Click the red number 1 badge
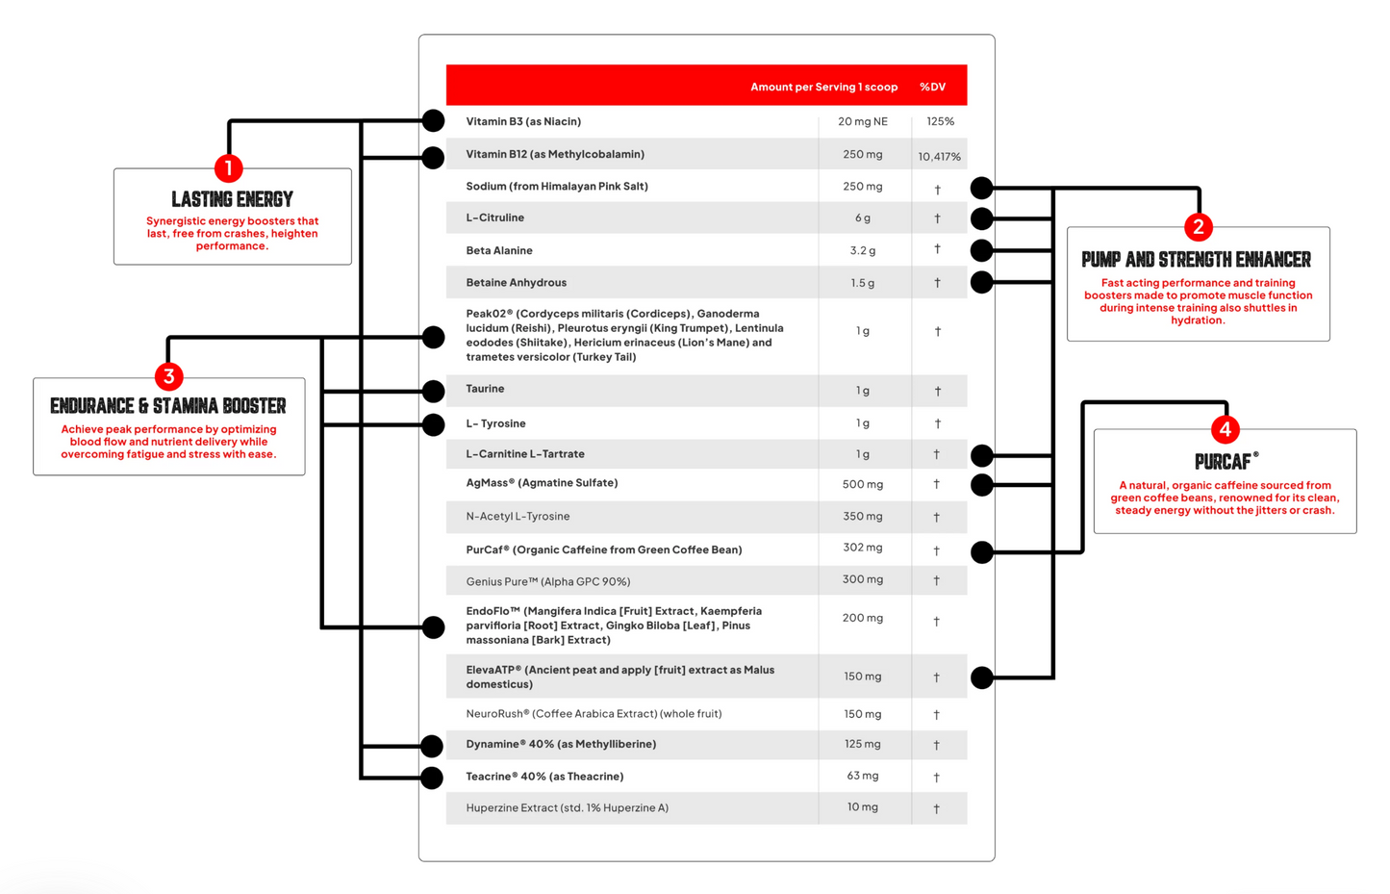228,168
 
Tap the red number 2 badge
1198,227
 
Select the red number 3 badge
168,376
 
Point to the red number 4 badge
1225,429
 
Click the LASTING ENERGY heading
232,199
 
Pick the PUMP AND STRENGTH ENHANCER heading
1196,260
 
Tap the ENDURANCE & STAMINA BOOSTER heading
168,406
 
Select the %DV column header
932,87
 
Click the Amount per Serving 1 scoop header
823,87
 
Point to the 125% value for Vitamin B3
940,121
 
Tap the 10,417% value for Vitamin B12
939,156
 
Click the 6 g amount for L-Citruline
863,218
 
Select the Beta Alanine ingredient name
499,250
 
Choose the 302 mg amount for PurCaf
862,548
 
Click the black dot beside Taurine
434,391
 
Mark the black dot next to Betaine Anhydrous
981,282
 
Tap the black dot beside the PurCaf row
981,551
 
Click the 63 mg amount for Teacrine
862,776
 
